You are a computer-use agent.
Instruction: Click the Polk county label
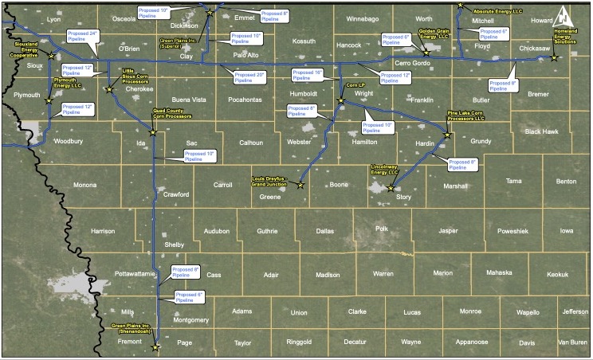coord(382,229)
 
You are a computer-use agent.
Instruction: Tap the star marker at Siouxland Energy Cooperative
coord(52,56)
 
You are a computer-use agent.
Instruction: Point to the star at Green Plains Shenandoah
coord(155,347)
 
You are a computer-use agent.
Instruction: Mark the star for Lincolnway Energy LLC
coord(390,189)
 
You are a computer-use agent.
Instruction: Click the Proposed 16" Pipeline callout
coord(308,76)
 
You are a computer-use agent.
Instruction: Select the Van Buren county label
coord(571,342)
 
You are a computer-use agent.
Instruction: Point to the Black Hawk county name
coord(540,131)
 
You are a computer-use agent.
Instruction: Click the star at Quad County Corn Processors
coord(153,133)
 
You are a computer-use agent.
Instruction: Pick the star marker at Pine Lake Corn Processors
coord(447,135)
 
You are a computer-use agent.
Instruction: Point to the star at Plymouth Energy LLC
coord(49,101)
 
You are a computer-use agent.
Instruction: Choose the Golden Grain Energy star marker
coord(426,53)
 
